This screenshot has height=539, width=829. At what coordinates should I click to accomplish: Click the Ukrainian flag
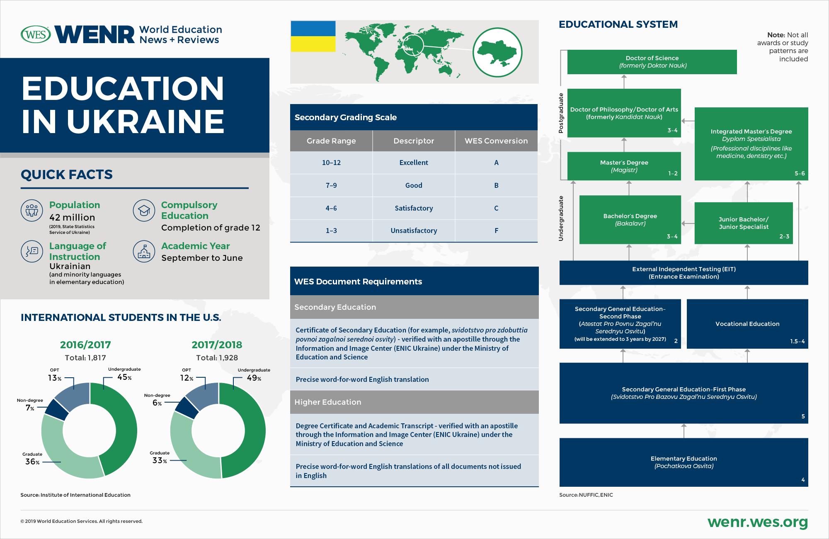(313, 36)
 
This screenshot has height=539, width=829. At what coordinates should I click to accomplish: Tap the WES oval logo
(36, 34)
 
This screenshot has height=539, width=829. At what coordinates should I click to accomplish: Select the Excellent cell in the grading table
(414, 163)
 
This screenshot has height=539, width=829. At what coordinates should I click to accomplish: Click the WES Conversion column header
(496, 141)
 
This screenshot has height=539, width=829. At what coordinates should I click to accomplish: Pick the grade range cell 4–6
(331, 208)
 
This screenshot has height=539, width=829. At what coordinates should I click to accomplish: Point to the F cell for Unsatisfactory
(496, 231)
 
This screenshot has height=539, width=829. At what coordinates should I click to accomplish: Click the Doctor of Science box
(652, 62)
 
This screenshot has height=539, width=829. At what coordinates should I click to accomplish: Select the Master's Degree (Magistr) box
(624, 166)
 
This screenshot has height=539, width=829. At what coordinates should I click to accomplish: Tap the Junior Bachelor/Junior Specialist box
(744, 223)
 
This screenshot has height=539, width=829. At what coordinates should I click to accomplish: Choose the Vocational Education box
(747, 324)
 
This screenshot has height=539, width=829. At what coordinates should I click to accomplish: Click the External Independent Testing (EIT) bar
(684, 273)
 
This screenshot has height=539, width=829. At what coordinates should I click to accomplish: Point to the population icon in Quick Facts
(32, 210)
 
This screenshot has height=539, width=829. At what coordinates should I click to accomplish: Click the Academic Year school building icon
(144, 251)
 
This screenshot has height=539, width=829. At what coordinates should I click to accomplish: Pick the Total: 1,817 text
(85, 358)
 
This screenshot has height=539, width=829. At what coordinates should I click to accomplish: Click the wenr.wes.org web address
(757, 522)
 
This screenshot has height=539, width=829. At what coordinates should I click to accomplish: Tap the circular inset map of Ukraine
(497, 52)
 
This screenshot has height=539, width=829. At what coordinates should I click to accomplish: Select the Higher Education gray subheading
(414, 402)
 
